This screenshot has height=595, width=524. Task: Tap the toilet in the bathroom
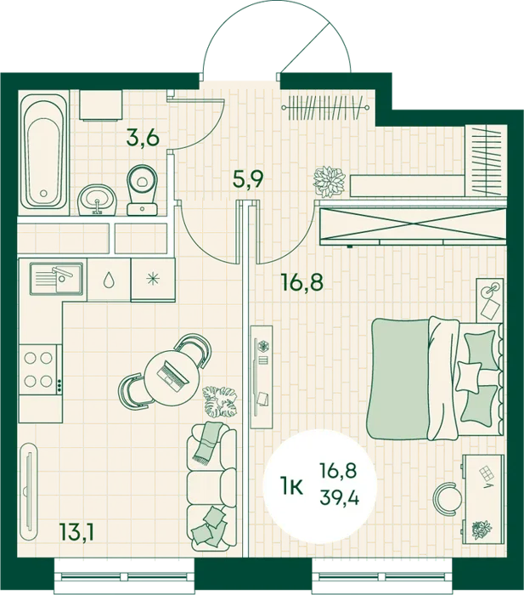[x=143, y=190]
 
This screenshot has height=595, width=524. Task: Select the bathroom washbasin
[x=98, y=199]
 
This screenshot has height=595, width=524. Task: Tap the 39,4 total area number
[x=339, y=496]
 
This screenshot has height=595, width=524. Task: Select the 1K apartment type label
[x=291, y=486]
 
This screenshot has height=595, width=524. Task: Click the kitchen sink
[x=57, y=279]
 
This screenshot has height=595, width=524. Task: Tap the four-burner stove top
[x=40, y=369]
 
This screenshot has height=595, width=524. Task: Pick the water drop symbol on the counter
[x=109, y=280]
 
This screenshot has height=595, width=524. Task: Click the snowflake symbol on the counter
[x=153, y=280]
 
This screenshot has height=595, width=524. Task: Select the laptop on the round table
[x=173, y=377]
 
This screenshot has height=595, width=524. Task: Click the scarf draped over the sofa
[x=206, y=443]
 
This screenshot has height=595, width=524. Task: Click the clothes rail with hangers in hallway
[x=325, y=108]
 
